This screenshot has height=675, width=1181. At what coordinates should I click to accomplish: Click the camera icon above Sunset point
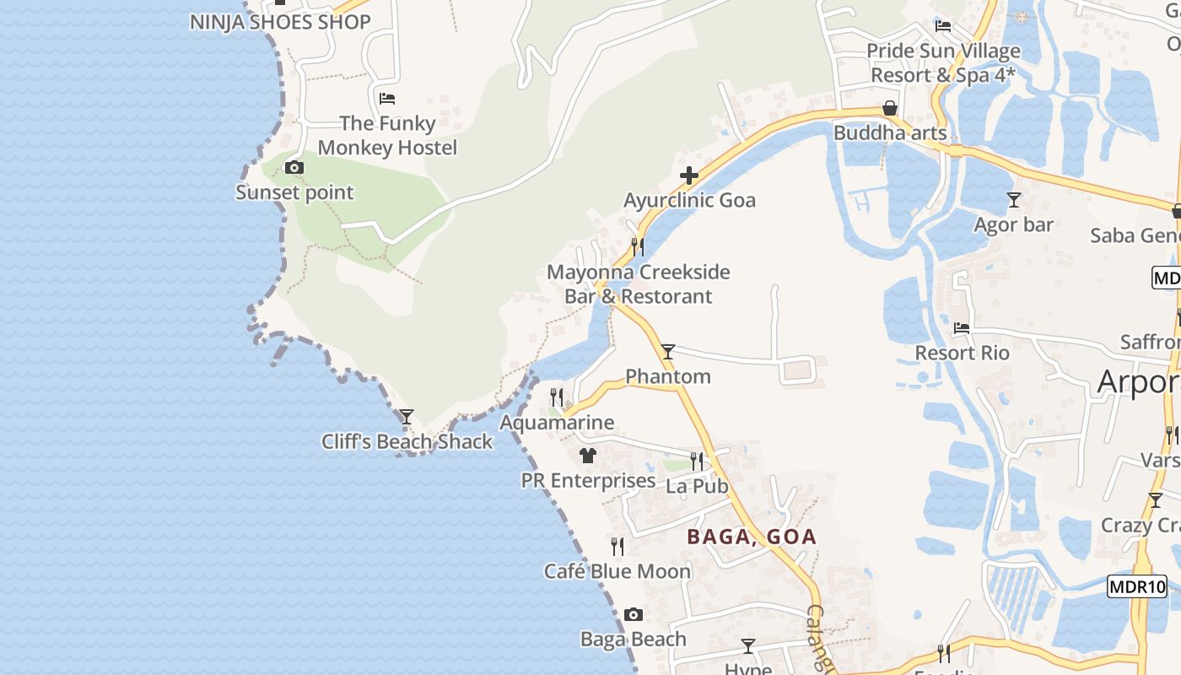click(294, 167)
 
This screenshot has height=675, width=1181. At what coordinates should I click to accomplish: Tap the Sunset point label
click(294, 192)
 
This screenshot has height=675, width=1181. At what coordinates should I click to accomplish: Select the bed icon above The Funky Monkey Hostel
click(387, 99)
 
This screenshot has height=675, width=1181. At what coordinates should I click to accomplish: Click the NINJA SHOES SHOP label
click(280, 22)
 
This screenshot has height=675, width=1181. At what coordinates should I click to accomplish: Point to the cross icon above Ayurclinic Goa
click(689, 175)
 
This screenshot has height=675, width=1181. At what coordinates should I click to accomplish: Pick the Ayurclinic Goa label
click(689, 200)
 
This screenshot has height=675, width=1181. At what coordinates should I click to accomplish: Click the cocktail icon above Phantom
click(668, 351)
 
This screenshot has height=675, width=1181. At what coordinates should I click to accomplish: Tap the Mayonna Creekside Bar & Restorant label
click(639, 284)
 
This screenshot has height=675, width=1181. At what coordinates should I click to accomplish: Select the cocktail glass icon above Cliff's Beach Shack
click(407, 416)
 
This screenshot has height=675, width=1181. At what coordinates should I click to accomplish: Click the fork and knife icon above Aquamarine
click(557, 397)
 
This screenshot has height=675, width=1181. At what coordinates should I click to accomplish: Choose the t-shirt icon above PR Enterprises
click(588, 456)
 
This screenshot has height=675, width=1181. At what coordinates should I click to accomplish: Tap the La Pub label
click(697, 486)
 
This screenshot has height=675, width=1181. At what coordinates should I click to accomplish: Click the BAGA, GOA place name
click(752, 537)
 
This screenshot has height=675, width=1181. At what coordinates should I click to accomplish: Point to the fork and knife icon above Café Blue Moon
click(617, 546)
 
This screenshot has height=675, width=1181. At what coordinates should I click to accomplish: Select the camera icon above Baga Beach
click(634, 614)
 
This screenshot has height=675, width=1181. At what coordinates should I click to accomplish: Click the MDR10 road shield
click(1136, 586)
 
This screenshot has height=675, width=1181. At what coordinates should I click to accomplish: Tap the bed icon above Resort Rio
click(962, 327)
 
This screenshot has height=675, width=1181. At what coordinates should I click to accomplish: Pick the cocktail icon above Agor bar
click(1014, 200)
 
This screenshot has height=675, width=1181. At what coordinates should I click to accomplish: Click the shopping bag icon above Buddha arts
click(890, 108)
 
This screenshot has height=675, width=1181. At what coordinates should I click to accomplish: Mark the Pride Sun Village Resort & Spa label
click(943, 62)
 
